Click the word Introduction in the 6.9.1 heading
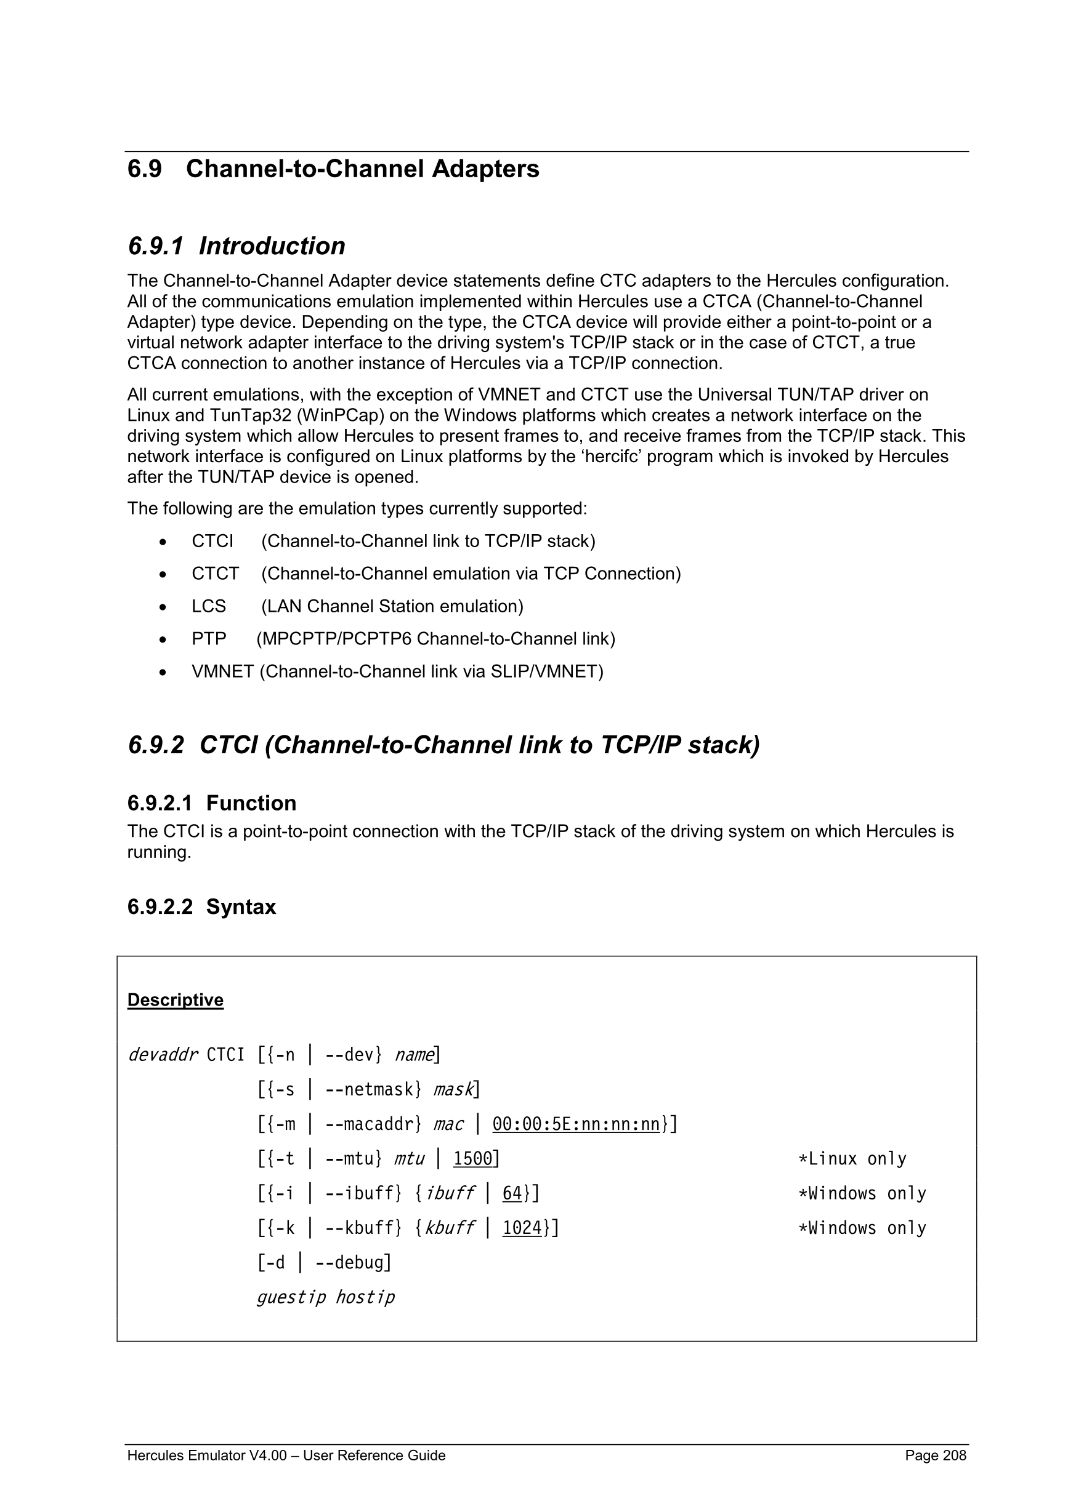pyautogui.click(x=272, y=246)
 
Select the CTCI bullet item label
pyautogui.click(x=212, y=541)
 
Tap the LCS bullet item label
pyautogui.click(x=208, y=606)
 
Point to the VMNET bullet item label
pyautogui.click(x=222, y=671)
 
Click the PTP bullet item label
pyautogui.click(x=208, y=639)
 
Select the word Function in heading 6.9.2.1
pyautogui.click(x=251, y=803)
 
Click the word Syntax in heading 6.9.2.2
pyautogui.click(x=241, y=907)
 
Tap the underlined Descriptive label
pyautogui.click(x=175, y=999)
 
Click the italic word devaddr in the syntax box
pyautogui.click(x=163, y=1055)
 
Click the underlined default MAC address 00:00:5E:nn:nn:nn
pyautogui.click(x=576, y=1124)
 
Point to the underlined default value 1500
pyautogui.click(x=472, y=1159)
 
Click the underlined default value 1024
pyautogui.click(x=522, y=1228)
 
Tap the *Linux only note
pyautogui.click(x=852, y=1159)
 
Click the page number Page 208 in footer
pyautogui.click(x=935, y=1455)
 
